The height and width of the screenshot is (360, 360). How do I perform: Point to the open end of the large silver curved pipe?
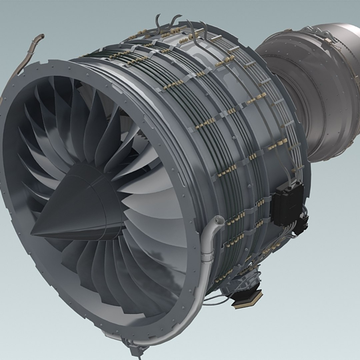coord(219,220)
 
